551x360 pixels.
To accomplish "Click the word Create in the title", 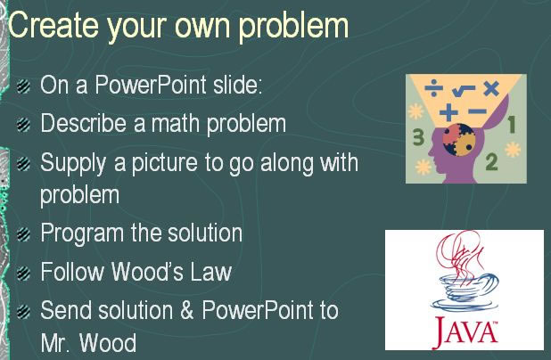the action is pos(53,25).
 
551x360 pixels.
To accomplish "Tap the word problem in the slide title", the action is pos(293,28).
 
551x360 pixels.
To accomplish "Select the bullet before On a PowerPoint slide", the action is pos(23,86).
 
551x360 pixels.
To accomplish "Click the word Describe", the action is pos(84,123).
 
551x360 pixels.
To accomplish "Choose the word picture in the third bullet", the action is pos(164,164).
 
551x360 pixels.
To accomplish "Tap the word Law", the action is pos(211,272).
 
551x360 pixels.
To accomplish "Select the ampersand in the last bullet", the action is pos(187,310).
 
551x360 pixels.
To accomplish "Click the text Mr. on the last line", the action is pos(54,342).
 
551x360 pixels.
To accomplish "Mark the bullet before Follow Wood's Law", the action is pos(23,273).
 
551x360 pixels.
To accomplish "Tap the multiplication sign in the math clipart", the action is pos(491,88).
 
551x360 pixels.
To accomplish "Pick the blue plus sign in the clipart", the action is pos(448,112).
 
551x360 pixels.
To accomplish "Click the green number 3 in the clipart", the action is pos(418,137).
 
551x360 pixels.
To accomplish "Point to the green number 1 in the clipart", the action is pos(512,125).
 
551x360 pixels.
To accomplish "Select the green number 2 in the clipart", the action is pos(491,162).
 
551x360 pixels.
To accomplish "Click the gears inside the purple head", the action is pos(459,140).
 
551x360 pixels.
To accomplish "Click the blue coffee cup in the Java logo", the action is pos(465,292).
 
